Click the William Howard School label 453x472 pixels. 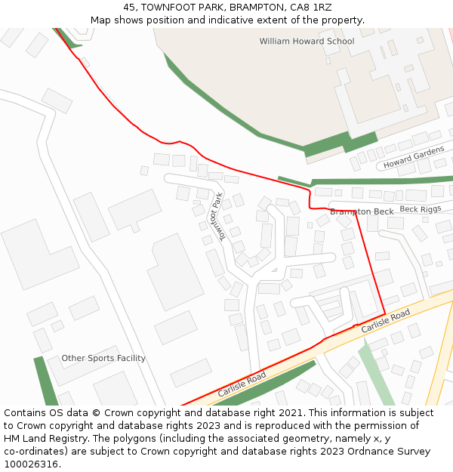point(307,42)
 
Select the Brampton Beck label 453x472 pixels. point(362,211)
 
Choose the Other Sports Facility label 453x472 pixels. point(103,358)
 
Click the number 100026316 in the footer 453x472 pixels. point(32,464)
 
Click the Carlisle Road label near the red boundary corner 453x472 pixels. point(385,321)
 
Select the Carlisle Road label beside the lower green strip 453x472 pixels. point(242,385)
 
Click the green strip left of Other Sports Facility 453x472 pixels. point(45,381)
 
